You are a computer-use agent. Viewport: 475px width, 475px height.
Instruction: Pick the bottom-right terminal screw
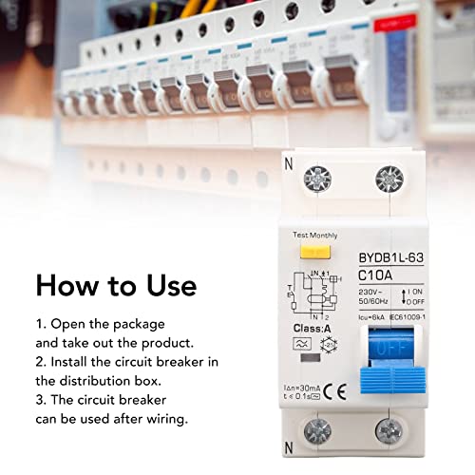click(389, 434)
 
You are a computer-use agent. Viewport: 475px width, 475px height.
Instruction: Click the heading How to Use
click(116, 285)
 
